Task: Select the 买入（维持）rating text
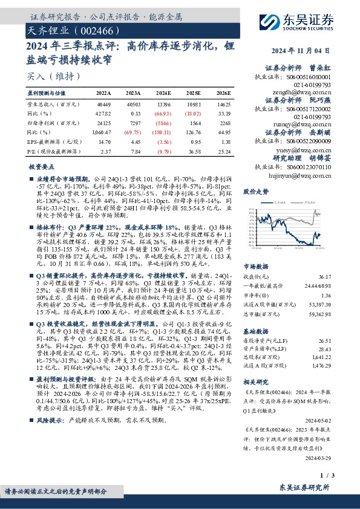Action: click(x=54, y=76)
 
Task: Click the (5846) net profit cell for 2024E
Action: click(x=163, y=123)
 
